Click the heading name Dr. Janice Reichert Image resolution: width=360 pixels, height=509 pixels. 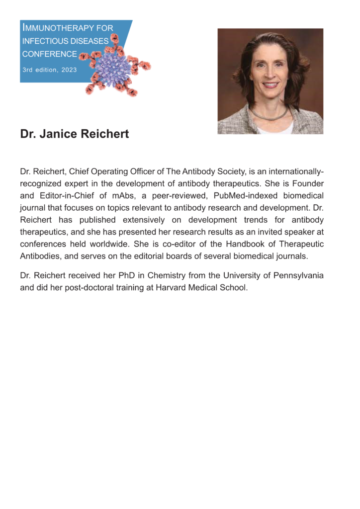75,134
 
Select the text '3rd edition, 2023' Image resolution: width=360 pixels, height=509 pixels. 49,70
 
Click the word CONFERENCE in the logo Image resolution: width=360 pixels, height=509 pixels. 49,54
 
